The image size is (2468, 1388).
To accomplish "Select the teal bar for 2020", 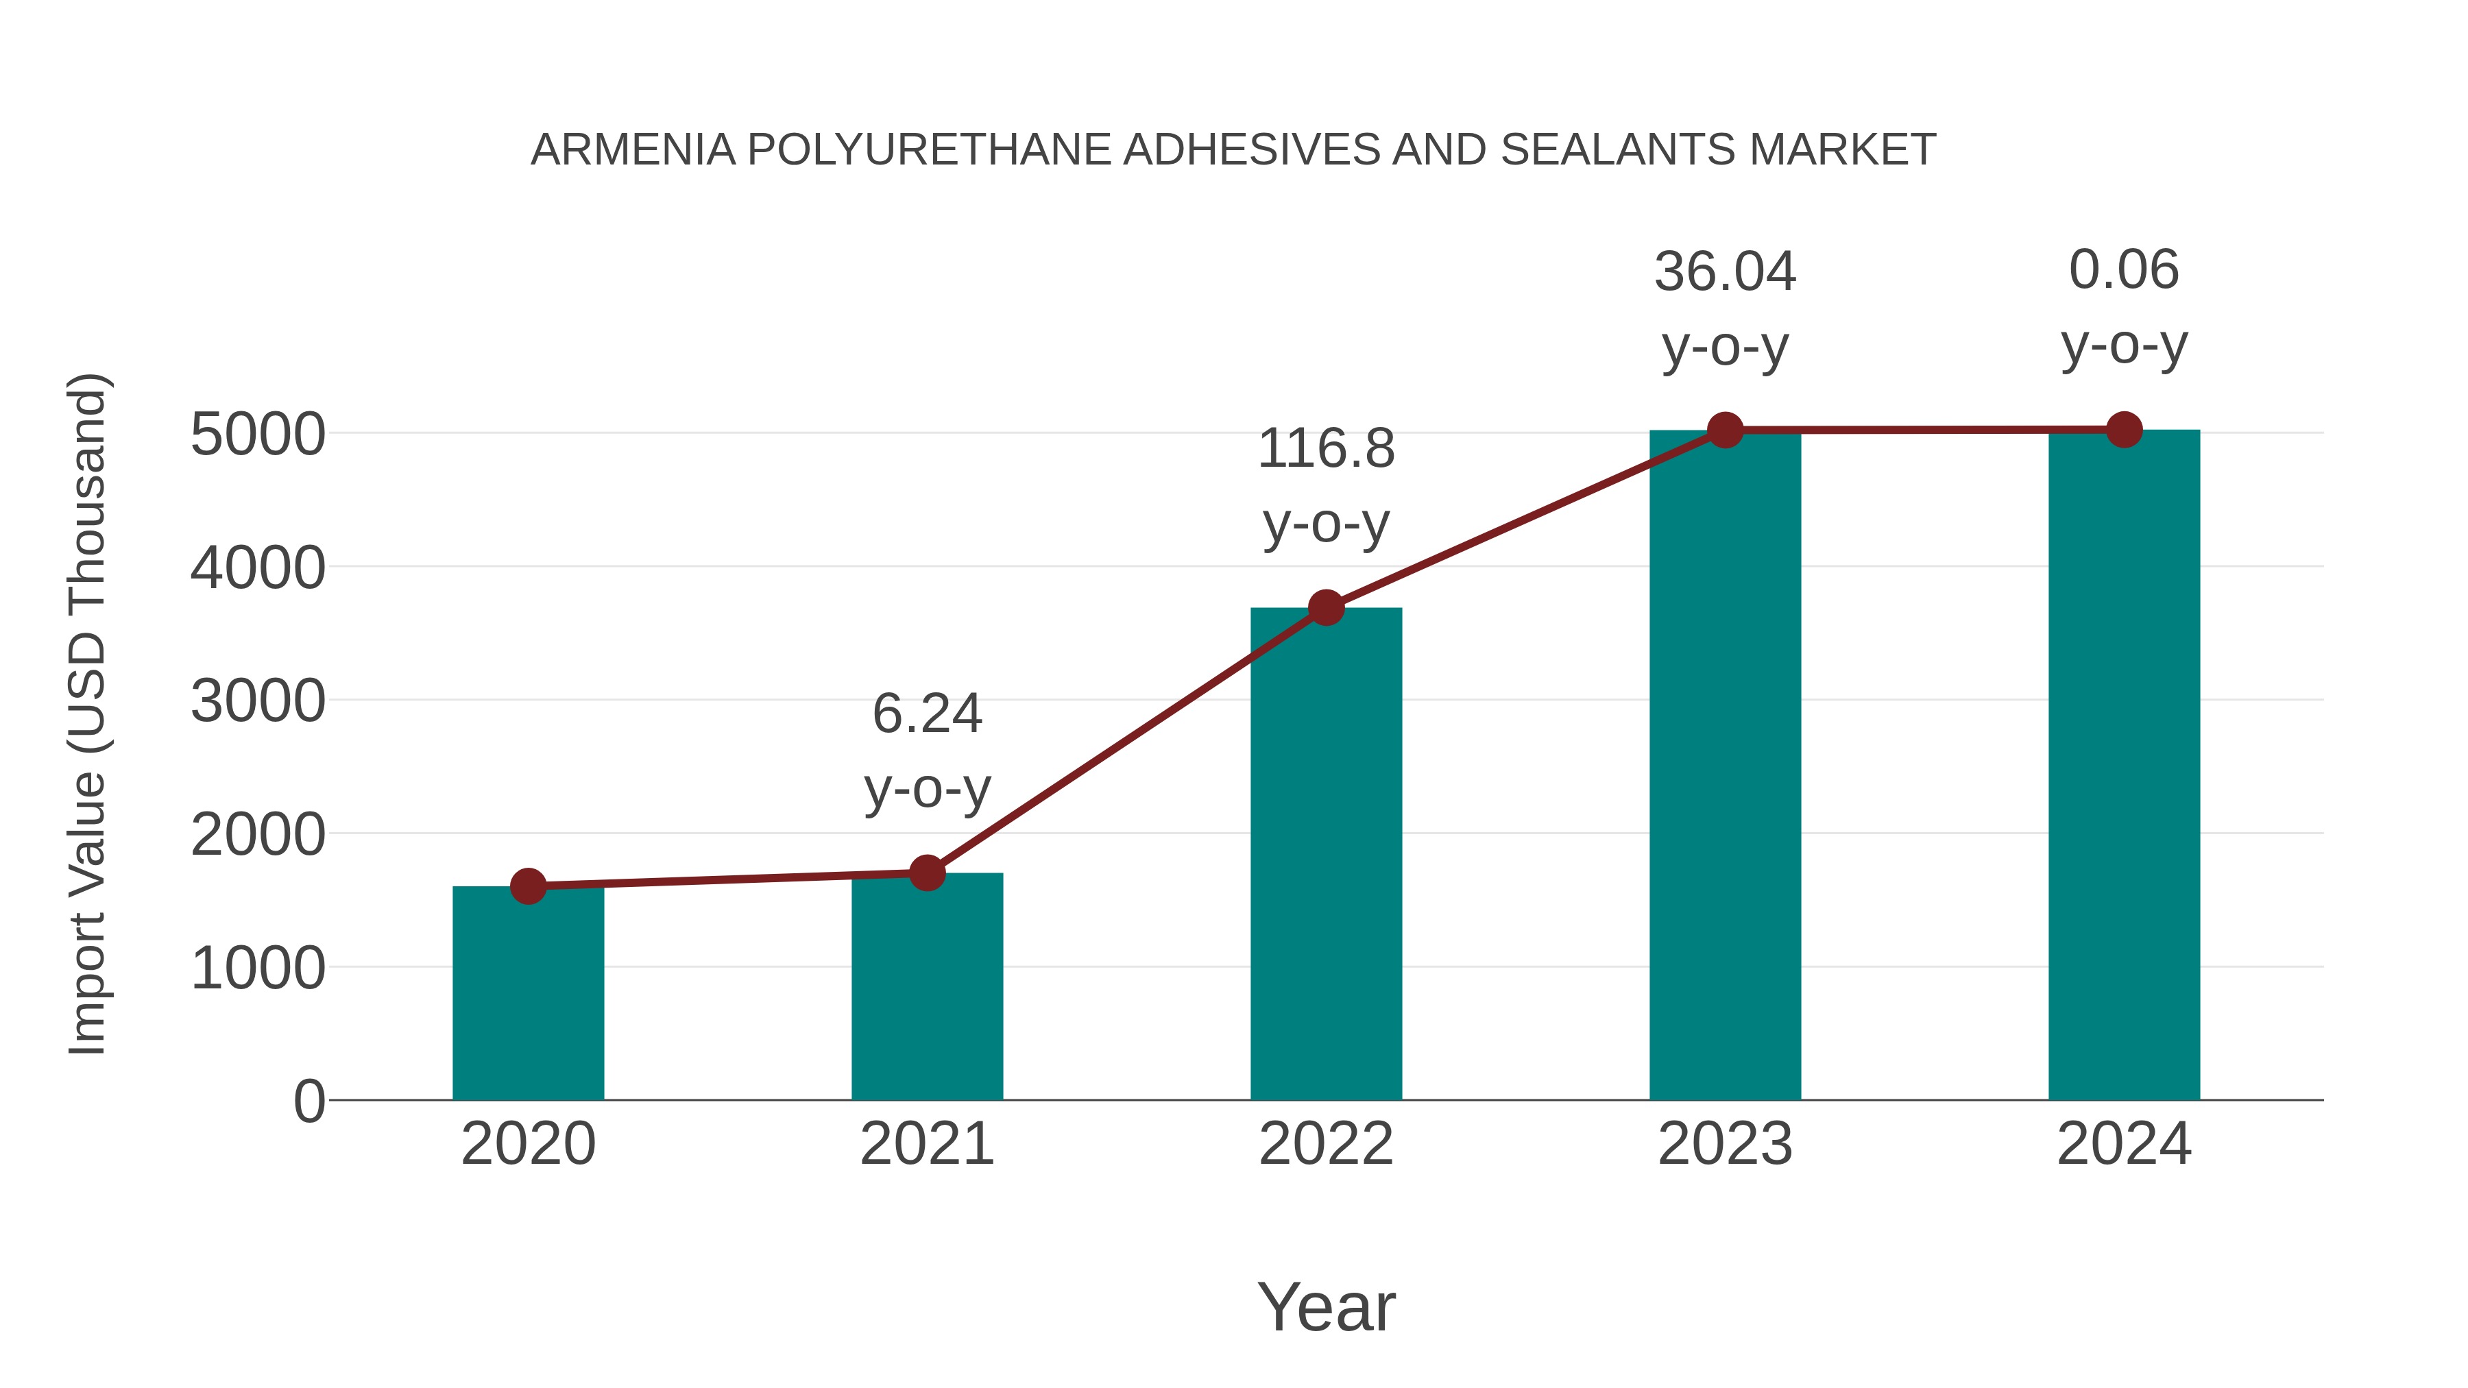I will pos(528,996).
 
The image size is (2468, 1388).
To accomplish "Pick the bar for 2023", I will pos(1725,766).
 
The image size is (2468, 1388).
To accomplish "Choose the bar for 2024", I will pos(2124,766).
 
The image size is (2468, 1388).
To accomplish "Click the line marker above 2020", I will pos(528,886).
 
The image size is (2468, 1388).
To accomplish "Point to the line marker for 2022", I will pos(1326,607).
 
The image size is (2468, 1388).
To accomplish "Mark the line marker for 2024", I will pos(2124,430).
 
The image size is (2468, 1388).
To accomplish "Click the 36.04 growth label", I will pos(1725,272).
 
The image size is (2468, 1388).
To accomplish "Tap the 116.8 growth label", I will pos(1326,448).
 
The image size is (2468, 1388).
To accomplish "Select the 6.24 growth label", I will pos(926,715).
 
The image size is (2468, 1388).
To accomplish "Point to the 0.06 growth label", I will pos(2124,270).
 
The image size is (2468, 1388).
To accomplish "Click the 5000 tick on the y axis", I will pos(258,435).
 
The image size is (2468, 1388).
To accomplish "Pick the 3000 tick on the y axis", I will pos(258,702).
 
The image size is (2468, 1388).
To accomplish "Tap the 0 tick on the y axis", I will pos(308,1101).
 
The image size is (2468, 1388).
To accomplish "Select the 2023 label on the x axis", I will pos(1725,1144).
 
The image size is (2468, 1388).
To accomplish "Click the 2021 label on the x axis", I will pos(926,1144).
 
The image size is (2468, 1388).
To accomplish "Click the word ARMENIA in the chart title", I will pos(633,150).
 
